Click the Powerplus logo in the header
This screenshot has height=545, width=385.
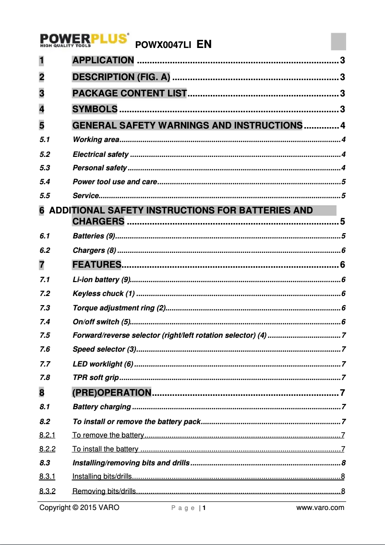point(84,40)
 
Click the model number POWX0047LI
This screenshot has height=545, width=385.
point(164,45)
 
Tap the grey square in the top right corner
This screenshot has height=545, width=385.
point(338,41)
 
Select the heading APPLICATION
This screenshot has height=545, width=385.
point(103,60)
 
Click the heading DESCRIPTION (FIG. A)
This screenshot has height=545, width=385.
point(121,77)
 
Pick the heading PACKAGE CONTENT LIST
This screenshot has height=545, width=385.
point(129,93)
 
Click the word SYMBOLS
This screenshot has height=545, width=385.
point(95,109)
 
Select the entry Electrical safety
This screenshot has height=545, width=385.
point(100,154)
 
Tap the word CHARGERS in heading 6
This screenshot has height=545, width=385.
point(98,222)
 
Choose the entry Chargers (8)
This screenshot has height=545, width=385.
point(94,250)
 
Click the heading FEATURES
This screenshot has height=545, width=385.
point(96,265)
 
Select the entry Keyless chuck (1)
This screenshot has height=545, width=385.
point(104,294)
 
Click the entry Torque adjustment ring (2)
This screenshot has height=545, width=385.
point(119,308)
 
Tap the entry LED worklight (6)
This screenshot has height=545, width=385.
point(103,364)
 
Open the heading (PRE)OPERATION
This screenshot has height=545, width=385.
point(111,392)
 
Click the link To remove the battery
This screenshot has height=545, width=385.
point(108,435)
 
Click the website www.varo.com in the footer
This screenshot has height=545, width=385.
point(320,508)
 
